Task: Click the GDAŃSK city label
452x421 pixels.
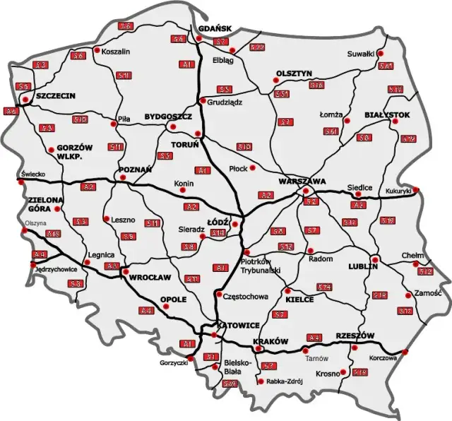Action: pyautogui.click(x=215, y=28)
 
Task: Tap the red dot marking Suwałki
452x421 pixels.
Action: pyautogui.click(x=380, y=53)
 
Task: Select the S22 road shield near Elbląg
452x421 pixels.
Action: pyautogui.click(x=256, y=47)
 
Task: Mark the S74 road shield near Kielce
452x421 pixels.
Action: pyautogui.click(x=324, y=287)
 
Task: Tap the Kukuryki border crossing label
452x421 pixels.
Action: pyautogui.click(x=399, y=191)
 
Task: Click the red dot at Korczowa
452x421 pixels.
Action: pyautogui.click(x=405, y=351)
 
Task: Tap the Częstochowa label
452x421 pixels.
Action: pyautogui.click(x=245, y=297)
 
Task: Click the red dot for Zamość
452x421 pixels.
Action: pyautogui.click(x=408, y=295)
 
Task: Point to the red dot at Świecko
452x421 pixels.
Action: pyautogui.click(x=23, y=180)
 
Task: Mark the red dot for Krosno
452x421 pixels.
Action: pyautogui.click(x=343, y=372)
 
